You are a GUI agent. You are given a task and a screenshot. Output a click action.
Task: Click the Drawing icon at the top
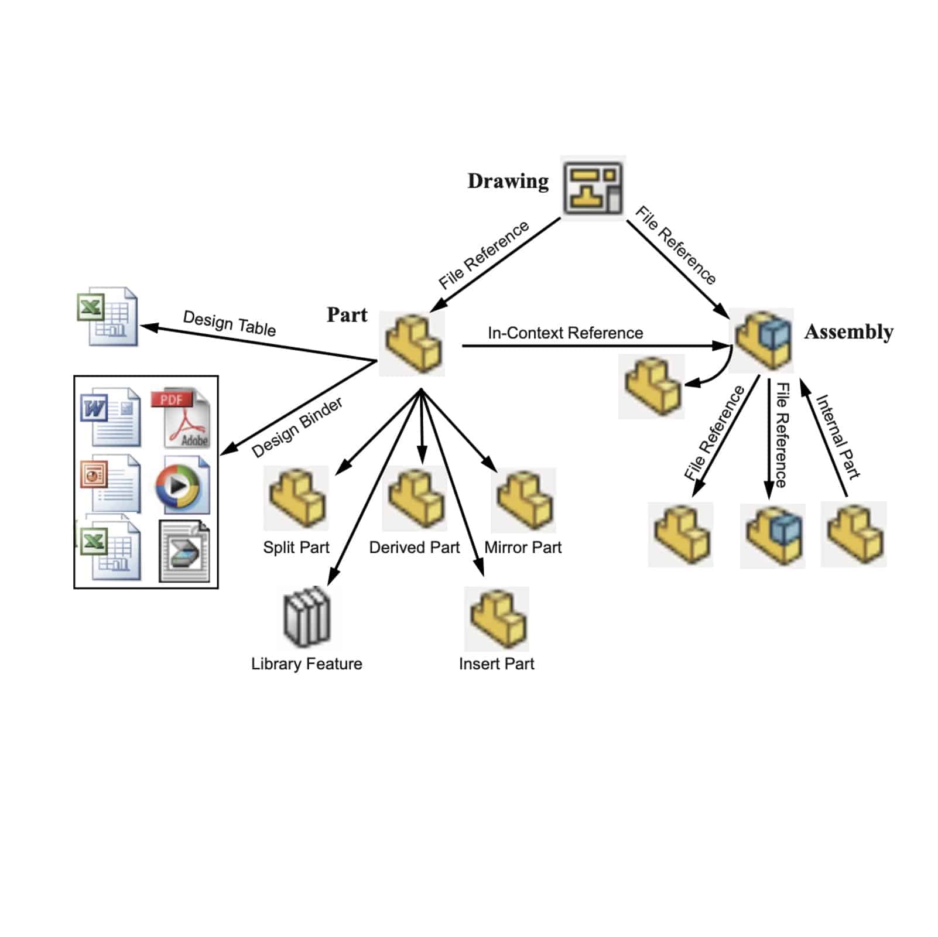[593, 187]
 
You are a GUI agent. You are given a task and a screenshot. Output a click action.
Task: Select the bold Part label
[347, 315]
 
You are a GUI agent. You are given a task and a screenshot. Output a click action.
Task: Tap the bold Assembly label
[848, 332]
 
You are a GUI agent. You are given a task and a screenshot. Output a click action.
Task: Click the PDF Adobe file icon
[180, 417]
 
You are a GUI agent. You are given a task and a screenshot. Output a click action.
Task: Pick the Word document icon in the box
[111, 417]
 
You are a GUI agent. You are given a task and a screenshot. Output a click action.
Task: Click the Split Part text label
[296, 548]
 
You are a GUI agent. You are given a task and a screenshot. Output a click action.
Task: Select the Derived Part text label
[415, 548]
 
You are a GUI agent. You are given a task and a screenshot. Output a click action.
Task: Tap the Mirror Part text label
[523, 548]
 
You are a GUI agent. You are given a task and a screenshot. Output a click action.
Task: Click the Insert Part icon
[497, 619]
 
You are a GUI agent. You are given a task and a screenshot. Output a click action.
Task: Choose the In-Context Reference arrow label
[565, 333]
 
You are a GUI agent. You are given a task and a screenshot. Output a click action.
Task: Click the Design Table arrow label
[230, 323]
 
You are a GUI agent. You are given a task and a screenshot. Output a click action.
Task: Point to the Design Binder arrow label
[297, 428]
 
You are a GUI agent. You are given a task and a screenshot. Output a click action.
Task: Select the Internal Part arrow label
[838, 437]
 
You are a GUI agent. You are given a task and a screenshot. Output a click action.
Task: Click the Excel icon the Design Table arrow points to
[108, 316]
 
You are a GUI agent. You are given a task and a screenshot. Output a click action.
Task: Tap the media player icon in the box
[182, 485]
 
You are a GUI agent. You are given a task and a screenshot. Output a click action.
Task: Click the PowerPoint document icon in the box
[111, 484]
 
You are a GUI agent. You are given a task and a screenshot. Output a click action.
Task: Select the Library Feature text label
[307, 664]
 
